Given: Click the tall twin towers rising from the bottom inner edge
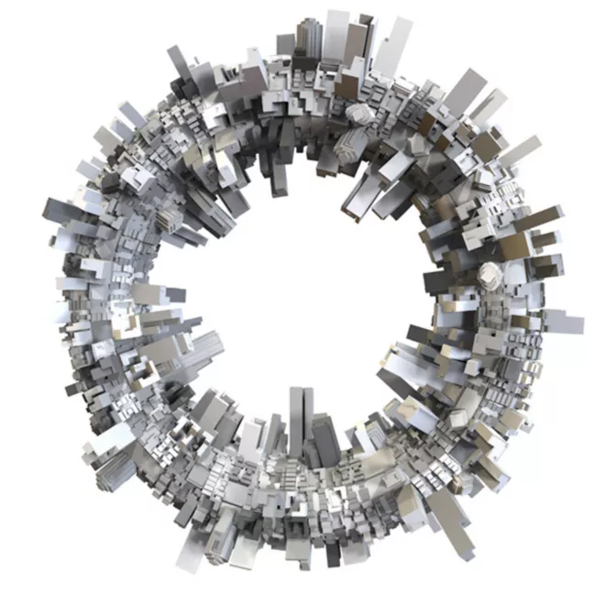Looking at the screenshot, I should (x=300, y=417).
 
